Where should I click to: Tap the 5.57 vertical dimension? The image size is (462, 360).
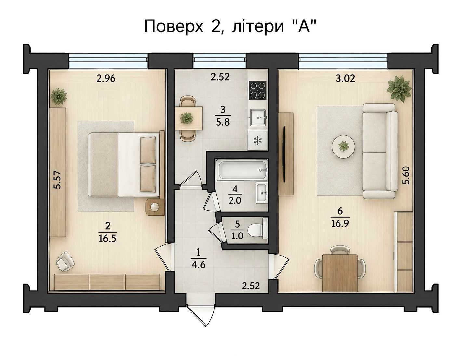58,180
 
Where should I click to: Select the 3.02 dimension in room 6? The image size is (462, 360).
345,79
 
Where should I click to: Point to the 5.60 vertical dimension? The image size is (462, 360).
406,175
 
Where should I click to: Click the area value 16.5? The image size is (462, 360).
108,239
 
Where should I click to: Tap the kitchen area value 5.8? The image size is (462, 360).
223,122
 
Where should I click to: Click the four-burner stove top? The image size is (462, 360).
258,90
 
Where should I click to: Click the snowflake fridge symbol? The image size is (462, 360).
257,140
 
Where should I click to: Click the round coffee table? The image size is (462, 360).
343,147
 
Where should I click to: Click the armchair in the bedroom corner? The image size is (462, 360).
65,261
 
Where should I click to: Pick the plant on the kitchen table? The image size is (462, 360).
187,118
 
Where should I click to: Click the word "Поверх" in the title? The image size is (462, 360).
174,26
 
